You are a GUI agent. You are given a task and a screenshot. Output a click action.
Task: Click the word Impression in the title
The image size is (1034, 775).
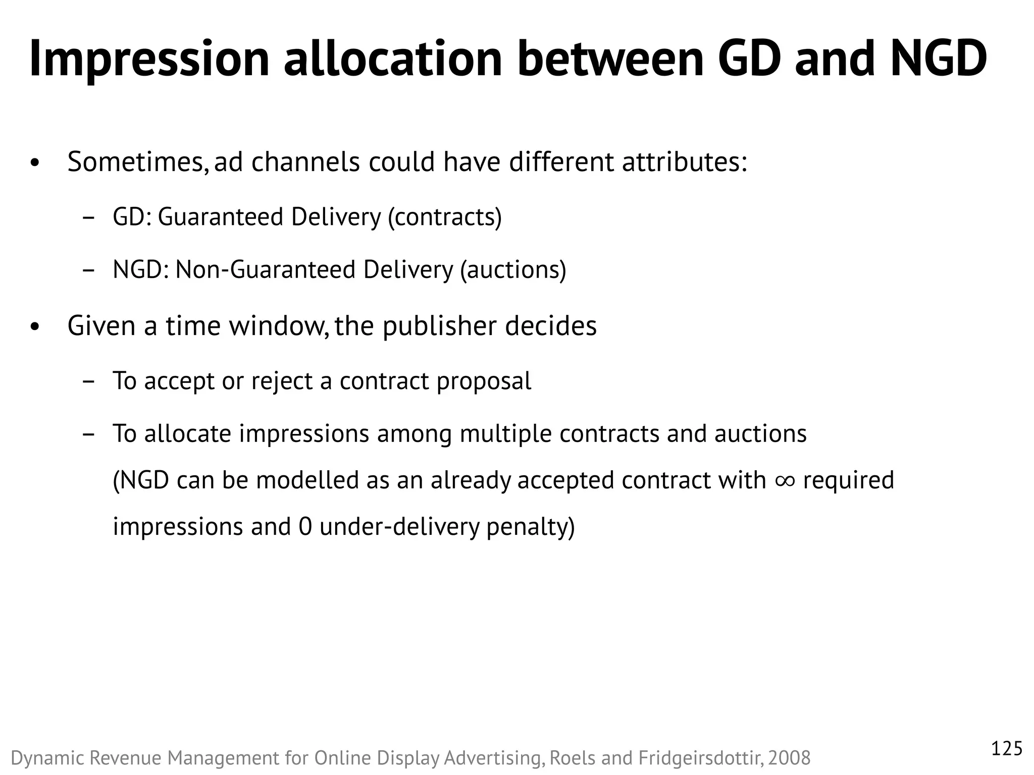pos(149,60)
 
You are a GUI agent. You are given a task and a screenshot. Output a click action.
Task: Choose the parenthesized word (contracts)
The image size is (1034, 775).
pos(445,217)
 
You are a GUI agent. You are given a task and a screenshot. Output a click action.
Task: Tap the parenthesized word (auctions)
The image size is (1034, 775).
pos(513,270)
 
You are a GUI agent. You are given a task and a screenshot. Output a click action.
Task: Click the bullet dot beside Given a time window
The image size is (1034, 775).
pos(34,327)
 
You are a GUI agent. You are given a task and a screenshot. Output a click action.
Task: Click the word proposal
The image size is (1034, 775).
pos(484,381)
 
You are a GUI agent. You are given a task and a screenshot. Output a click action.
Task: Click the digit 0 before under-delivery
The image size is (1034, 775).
pos(305,527)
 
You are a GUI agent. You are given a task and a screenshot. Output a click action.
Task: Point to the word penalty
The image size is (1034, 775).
pos(530,527)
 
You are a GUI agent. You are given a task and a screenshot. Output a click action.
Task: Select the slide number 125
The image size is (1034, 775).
pos(1007,749)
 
